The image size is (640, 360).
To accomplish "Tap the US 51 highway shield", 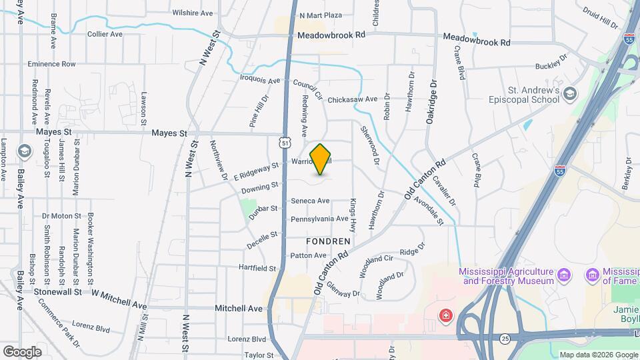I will coord(285,142).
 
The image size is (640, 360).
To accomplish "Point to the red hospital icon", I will coord(445,314).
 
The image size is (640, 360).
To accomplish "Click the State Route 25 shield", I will coord(505,339).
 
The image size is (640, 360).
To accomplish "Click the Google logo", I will coord(22,351).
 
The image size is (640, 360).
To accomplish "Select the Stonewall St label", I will coord(59,292).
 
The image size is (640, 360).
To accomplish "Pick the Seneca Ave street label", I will coord(310,201).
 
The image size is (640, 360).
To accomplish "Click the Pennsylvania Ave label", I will coord(319,219).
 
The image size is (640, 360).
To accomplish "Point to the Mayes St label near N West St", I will coord(169,133).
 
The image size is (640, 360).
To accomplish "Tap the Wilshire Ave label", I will coord(192,13).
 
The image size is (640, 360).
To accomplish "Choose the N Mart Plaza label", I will coord(321,15).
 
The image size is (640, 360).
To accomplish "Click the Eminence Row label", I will coord(51,64).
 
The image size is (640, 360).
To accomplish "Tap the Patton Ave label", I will coord(308,255).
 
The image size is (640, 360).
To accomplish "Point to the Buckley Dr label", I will coord(551,66).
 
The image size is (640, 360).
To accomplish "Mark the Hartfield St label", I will coord(257,268).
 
